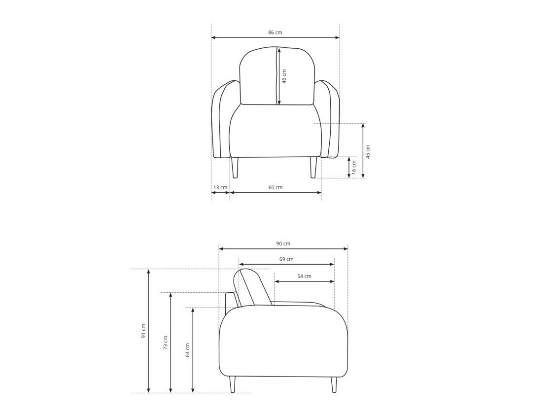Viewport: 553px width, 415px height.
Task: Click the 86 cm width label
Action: (x=275, y=33)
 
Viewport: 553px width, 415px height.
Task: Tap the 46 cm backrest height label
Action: (x=284, y=76)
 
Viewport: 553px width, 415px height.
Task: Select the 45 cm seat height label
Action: (x=368, y=151)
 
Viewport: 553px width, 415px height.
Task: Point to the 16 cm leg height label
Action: (x=354, y=167)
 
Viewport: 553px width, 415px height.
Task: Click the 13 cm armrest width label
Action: (x=220, y=187)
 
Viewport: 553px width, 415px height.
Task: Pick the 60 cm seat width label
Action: (x=276, y=187)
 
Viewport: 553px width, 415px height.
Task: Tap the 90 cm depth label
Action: (x=283, y=243)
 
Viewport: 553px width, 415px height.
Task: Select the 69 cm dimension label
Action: (x=286, y=259)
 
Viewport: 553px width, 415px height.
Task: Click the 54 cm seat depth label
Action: (x=304, y=276)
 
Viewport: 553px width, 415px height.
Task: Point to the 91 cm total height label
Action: (x=143, y=331)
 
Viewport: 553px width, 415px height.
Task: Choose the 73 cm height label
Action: (x=166, y=342)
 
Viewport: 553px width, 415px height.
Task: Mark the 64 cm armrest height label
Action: (x=188, y=350)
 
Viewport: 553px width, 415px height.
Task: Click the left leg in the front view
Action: (x=235, y=168)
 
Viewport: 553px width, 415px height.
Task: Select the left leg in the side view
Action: (x=233, y=384)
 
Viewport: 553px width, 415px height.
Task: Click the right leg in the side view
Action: (x=334, y=384)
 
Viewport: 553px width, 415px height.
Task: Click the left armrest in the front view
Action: (x=220, y=121)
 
